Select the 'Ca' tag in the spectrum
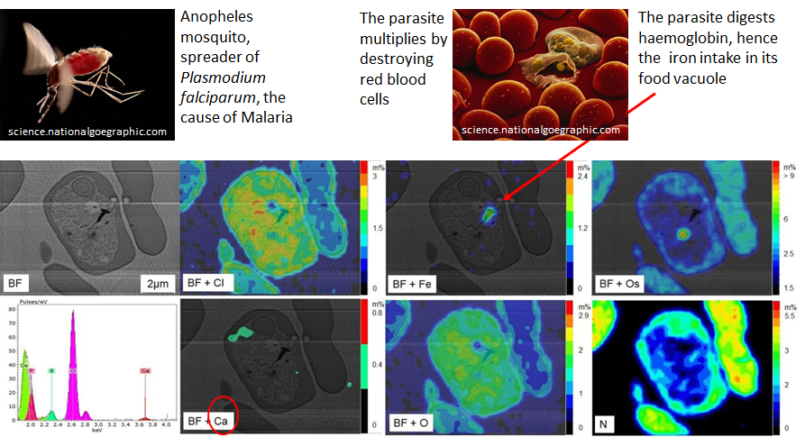click(145, 369)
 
